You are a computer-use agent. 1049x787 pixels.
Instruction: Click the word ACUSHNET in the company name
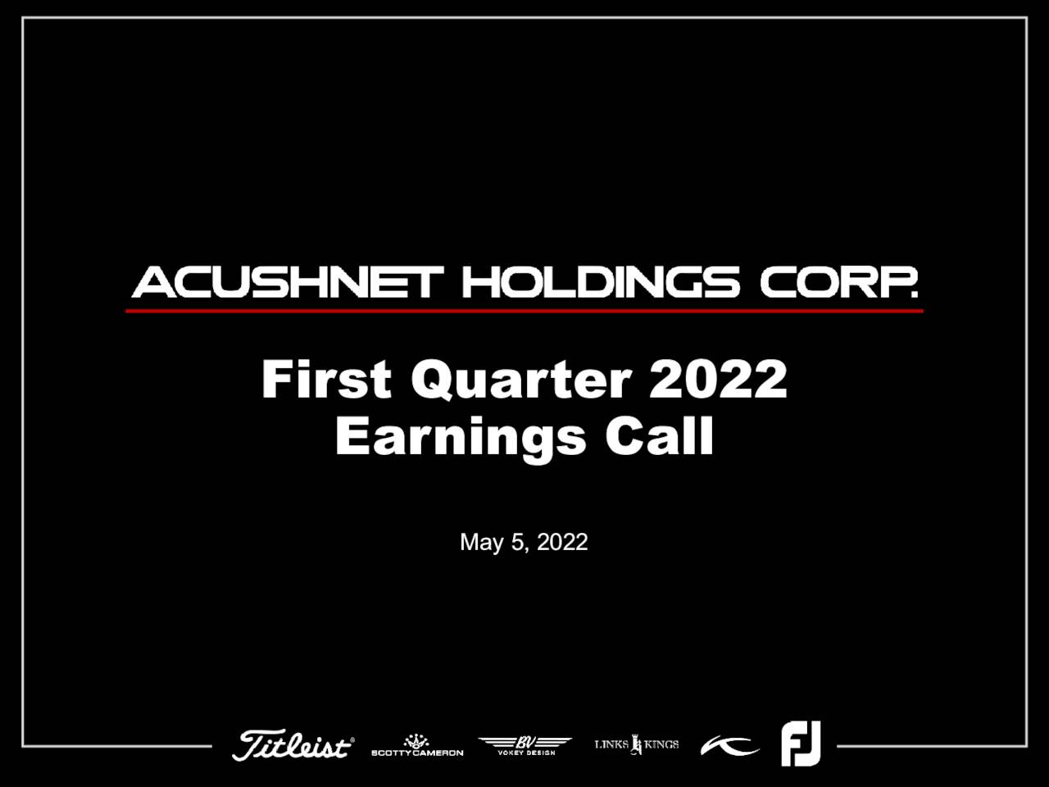287,283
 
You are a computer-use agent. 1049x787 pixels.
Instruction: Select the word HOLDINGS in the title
601,283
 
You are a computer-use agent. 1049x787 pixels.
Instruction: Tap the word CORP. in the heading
838,283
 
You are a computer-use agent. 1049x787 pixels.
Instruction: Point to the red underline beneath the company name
524,311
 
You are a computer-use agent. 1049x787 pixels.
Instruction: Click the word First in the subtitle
326,380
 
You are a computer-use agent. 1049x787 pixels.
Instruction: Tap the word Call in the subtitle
660,435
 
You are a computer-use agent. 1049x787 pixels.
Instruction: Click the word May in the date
481,543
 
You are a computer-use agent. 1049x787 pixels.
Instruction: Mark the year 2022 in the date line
562,542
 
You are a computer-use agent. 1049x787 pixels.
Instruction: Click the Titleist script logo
293,745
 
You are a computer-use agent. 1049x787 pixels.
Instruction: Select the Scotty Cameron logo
417,746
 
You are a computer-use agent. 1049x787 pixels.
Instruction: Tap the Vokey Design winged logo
525,745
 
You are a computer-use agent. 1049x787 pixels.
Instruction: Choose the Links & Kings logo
637,744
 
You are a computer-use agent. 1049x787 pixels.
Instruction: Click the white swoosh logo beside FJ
729,746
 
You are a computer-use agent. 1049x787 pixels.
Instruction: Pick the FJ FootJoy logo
801,744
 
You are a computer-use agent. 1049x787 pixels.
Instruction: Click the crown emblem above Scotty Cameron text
416,740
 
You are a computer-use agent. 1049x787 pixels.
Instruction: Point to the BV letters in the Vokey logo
525,741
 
